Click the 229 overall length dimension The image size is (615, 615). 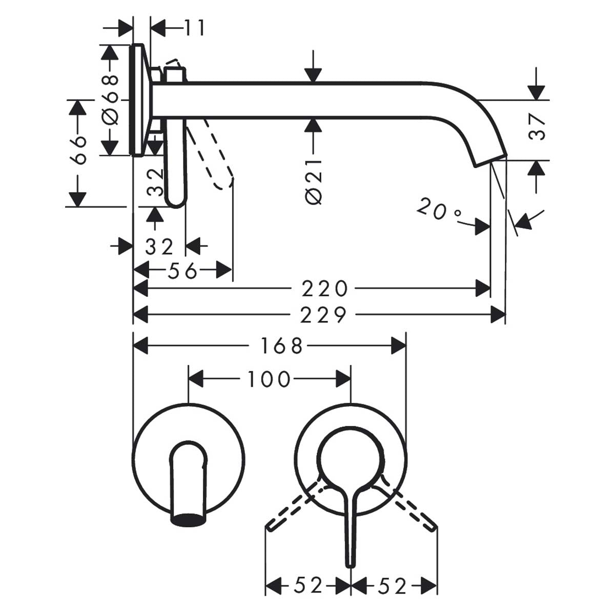pos(324,315)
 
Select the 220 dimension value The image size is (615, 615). pos(324,289)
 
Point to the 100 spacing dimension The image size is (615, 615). pos(269,380)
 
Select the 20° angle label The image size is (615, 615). pos(439,210)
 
